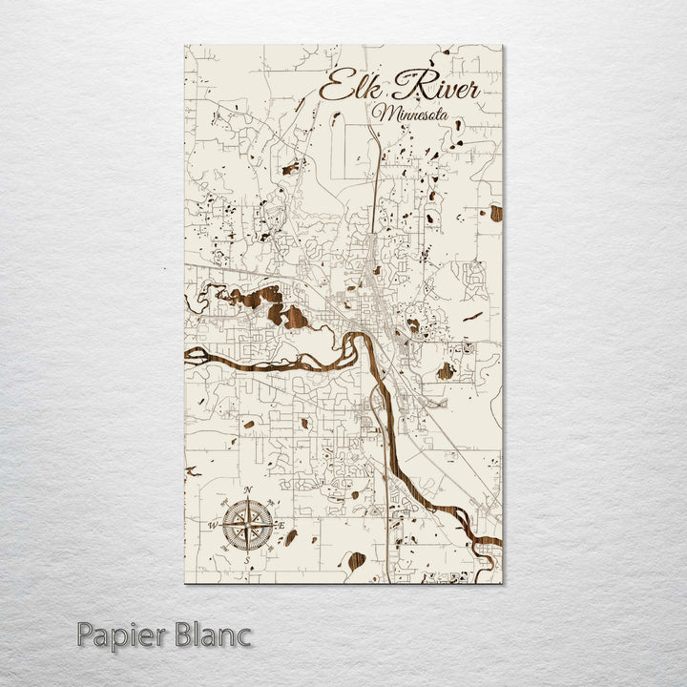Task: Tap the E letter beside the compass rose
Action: [x=281, y=524]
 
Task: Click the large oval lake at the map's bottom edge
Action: [x=356, y=560]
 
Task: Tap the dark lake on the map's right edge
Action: [x=496, y=213]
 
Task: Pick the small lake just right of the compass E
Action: [x=291, y=536]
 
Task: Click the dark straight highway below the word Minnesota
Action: [x=380, y=181]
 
